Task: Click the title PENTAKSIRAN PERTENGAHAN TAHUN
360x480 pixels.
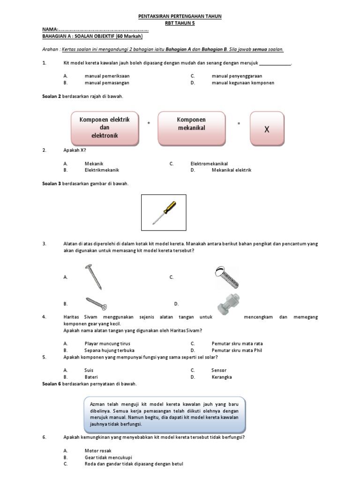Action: point(180,16)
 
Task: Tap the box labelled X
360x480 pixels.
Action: point(267,128)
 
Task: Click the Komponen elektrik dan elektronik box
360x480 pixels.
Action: point(105,128)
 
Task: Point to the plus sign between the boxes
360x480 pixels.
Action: point(149,123)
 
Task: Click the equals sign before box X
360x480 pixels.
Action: point(239,123)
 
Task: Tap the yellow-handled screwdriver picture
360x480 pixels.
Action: point(164,212)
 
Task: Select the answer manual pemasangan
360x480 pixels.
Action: point(107,83)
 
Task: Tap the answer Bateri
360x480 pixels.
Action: point(91,377)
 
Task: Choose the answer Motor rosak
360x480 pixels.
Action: point(98,450)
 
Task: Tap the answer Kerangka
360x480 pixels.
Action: point(221,377)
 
